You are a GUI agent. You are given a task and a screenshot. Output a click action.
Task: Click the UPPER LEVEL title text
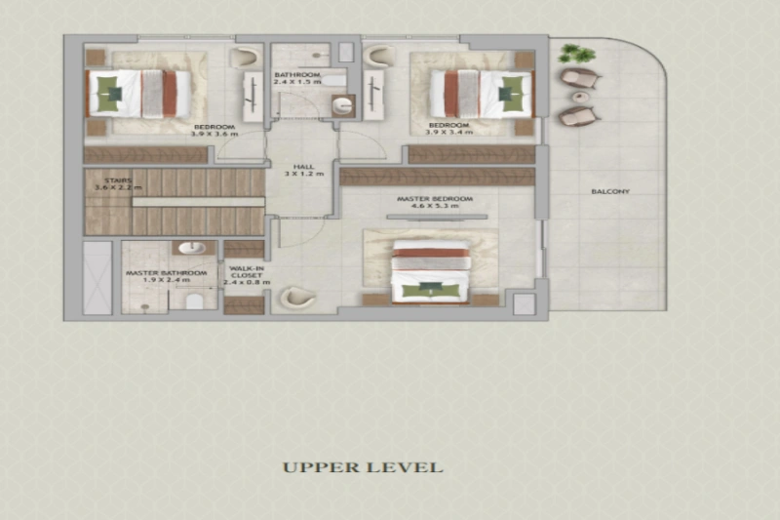coord(363,467)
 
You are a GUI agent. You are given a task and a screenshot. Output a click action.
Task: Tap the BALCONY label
coord(610,191)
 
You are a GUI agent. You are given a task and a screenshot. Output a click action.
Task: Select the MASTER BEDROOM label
coord(434,199)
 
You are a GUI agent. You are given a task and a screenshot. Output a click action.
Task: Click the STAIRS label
coord(106,178)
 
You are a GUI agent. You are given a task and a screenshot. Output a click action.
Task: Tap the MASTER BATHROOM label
coord(166,273)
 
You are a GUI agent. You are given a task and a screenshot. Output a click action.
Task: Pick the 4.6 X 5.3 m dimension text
coord(434,208)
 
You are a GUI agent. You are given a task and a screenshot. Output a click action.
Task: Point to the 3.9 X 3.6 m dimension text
coord(214,134)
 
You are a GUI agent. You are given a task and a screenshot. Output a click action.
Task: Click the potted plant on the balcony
coord(581,54)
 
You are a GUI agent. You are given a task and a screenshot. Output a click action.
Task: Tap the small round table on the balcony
coord(583,97)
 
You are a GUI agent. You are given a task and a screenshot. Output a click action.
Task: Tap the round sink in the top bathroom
coord(342,106)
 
